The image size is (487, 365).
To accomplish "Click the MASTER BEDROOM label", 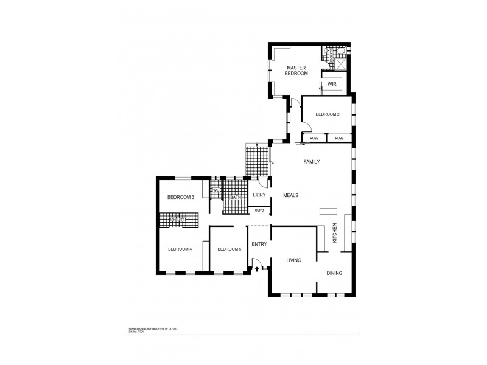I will point(296,71).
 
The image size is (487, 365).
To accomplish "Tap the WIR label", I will point(332,84).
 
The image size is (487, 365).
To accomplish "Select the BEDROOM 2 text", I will point(328,114).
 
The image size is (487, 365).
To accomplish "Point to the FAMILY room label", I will point(312,162).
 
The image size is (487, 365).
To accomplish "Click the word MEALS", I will point(290,195).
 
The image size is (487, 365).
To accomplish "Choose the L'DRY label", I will point(259,195).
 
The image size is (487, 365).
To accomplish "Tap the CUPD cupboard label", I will point(259,210).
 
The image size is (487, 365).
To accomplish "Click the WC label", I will point(215,190).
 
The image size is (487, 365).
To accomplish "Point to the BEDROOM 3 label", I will point(180,197).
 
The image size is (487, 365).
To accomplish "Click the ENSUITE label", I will point(178,219).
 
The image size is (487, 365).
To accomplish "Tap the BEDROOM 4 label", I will point(180,249).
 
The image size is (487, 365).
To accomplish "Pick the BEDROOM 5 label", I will point(229,249).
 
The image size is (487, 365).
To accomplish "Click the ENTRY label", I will point(259,245).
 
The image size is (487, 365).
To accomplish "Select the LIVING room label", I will point(294,260).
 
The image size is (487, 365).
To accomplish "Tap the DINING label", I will point(334,273).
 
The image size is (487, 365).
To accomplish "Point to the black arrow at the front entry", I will point(257,268).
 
